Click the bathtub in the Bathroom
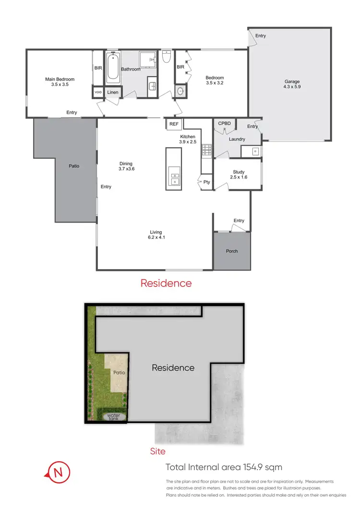(x=112, y=68)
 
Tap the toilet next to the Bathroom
(x=166, y=58)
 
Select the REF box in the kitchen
(x=174, y=124)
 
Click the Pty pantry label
(x=206, y=182)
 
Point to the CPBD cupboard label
(x=225, y=123)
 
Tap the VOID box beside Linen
(x=98, y=92)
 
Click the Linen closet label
(x=113, y=92)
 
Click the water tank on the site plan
(x=113, y=417)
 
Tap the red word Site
(x=157, y=451)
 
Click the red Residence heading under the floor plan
(x=166, y=284)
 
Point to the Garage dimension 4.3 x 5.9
(x=292, y=87)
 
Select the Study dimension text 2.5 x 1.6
(x=239, y=178)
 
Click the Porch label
(x=231, y=251)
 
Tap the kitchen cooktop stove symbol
(x=207, y=151)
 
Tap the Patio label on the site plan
(x=119, y=372)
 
